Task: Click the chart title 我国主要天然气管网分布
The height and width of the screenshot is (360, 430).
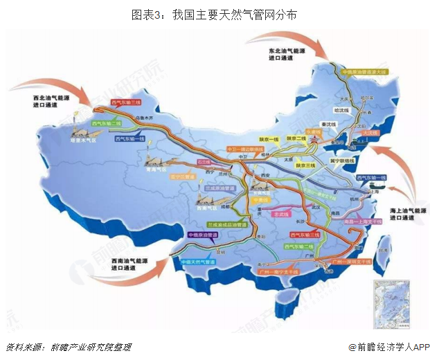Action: [215, 14]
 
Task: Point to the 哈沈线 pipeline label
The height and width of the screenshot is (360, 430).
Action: [343, 109]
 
